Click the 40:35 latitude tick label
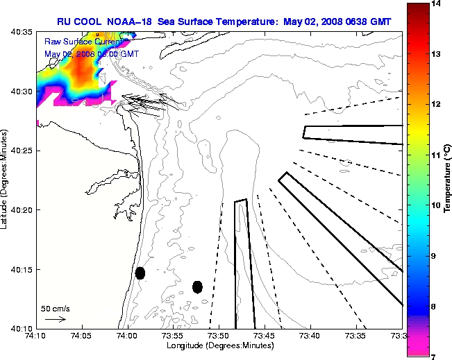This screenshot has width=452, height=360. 22,33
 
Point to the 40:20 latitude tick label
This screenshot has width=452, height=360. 22,209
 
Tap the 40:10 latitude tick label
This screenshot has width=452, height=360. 22,327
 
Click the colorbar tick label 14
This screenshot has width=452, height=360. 437,4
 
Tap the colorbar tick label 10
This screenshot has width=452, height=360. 437,205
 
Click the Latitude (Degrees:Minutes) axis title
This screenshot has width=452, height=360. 6,180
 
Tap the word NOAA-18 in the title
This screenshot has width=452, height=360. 131,22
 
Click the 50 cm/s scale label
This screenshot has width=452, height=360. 56,308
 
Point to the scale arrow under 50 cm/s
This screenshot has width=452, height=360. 55,319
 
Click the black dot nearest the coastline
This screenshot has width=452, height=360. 140,273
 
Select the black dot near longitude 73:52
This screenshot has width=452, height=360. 197,286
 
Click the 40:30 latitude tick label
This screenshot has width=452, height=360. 22,92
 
